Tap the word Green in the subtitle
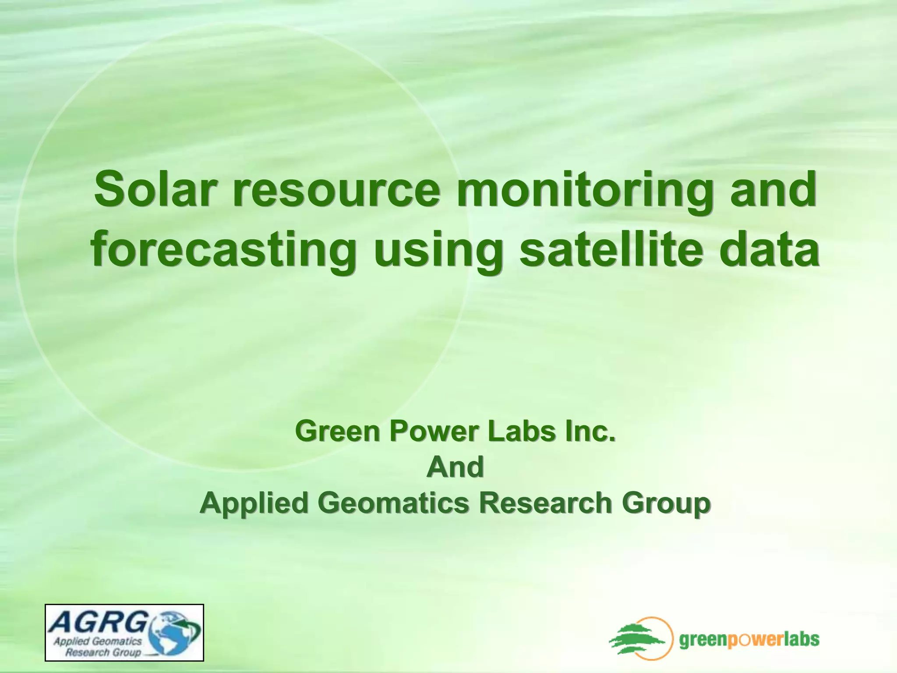click(x=337, y=431)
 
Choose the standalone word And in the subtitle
click(x=455, y=467)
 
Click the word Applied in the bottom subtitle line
click(x=254, y=503)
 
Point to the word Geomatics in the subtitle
click(x=396, y=503)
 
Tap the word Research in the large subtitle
click(x=545, y=503)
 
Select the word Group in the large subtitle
click(x=666, y=503)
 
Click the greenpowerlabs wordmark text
click(x=749, y=640)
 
